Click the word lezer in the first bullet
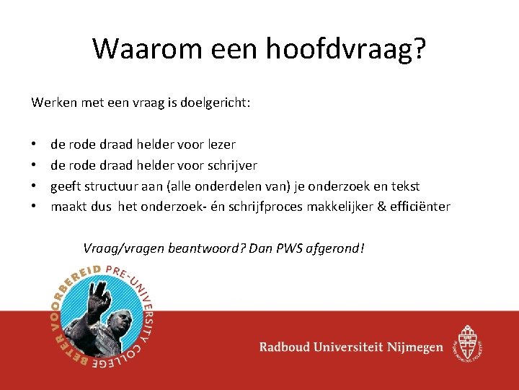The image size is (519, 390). click(219, 144)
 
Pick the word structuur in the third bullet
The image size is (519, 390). click(111, 186)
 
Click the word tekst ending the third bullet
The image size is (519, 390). click(404, 186)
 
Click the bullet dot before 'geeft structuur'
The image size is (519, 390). click(35, 186)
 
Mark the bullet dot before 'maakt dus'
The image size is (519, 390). click(35, 207)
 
